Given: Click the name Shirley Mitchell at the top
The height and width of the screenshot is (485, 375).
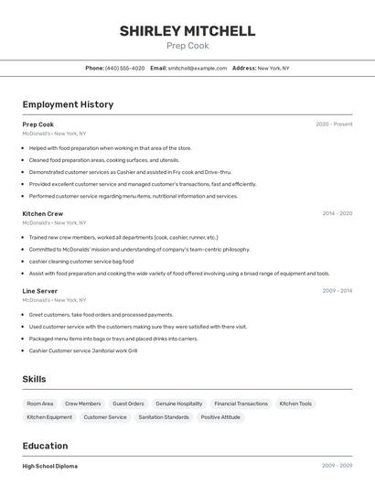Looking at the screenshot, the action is point(187,31).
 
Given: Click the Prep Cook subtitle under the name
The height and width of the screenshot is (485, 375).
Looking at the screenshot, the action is point(187,46).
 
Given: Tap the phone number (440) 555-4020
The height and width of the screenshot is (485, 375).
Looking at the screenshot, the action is point(124,69).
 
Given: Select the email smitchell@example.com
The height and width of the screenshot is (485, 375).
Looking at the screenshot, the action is point(197,69).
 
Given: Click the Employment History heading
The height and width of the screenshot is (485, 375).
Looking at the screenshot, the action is point(68,104).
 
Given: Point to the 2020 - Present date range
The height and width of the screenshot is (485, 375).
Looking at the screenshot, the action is point(334,124).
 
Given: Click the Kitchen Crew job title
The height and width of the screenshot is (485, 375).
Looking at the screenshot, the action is point(43,213).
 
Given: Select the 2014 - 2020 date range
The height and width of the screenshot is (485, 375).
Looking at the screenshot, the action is point(337,213).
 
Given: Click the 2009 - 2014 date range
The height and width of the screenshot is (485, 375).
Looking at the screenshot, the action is point(337,291).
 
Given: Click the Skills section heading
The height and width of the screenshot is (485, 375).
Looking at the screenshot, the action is point(34,379).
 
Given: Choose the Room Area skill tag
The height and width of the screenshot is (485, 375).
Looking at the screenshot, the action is point(40,404).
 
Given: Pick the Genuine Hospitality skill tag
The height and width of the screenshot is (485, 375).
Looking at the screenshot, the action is point(179,404).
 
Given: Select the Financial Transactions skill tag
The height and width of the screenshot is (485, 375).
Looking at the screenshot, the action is point(241,404).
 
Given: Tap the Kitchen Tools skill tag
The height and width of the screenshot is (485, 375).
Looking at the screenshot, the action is point(295,404).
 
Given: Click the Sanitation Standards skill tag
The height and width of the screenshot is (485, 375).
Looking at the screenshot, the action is point(164,417).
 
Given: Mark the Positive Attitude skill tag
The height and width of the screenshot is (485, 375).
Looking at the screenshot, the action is point(220,417).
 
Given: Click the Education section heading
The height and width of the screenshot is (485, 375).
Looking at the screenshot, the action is point(46,446).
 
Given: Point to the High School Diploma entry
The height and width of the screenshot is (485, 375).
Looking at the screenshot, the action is point(50,467).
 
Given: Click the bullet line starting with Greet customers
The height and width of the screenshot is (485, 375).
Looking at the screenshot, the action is point(101,315).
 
